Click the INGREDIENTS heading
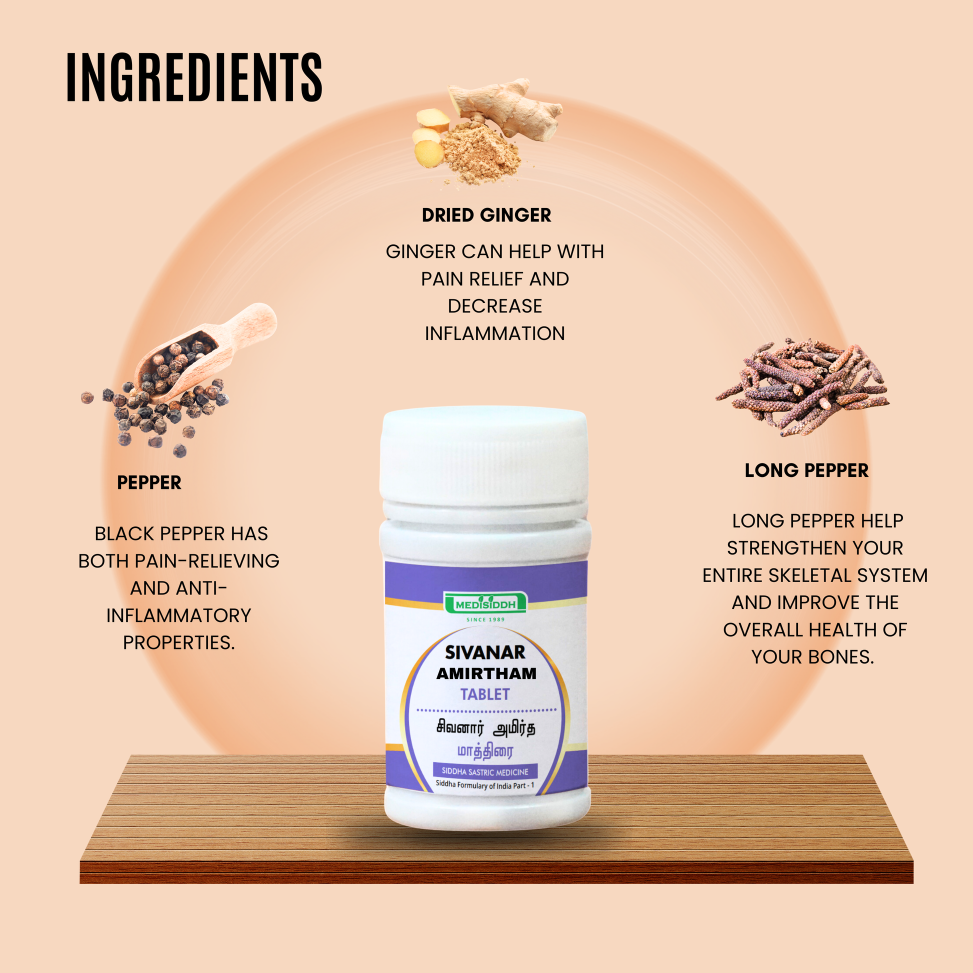pos(194,77)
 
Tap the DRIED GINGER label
pos(486,215)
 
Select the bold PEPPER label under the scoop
pos(149,482)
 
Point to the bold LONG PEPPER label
pos(807,470)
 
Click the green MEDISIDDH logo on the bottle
pos(485,603)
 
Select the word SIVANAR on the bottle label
pos(485,652)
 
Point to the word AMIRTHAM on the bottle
pos(486,674)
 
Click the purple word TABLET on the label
pos(485,694)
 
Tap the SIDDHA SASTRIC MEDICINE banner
pos(485,771)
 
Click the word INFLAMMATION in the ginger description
pos(494,333)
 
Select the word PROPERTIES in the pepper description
pos(179,642)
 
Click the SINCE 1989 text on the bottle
pos(485,619)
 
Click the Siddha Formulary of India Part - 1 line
pos(485,785)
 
